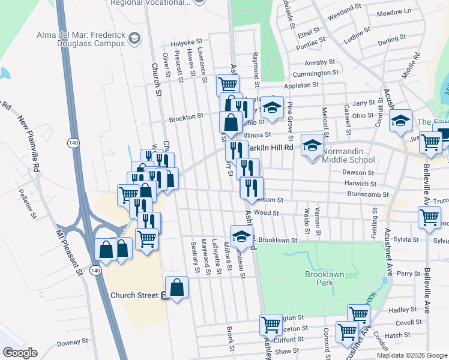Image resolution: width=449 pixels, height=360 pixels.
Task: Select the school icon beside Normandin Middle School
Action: pyautogui.click(x=312, y=146)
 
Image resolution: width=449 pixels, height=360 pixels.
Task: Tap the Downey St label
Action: pyautogui.click(x=73, y=343)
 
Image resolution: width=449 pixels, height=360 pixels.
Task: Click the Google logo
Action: pyautogui.click(x=19, y=353)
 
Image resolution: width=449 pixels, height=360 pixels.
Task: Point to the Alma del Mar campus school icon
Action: pyautogui.click(x=134, y=40)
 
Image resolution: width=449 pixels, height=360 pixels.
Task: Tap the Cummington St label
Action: pyautogui.click(x=315, y=73)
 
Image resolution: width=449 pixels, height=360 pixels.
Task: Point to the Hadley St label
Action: pyautogui.click(x=398, y=310)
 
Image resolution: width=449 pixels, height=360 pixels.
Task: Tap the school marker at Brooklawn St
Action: pyautogui.click(x=241, y=236)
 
